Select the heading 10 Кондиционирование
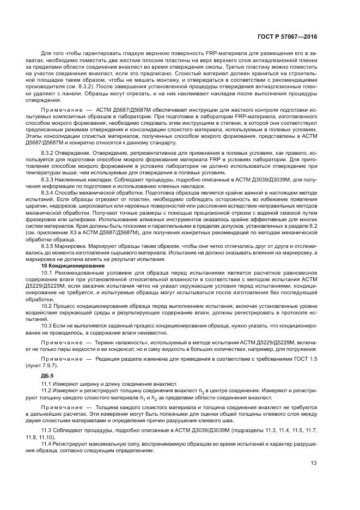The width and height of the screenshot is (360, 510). [x=67, y=265]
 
